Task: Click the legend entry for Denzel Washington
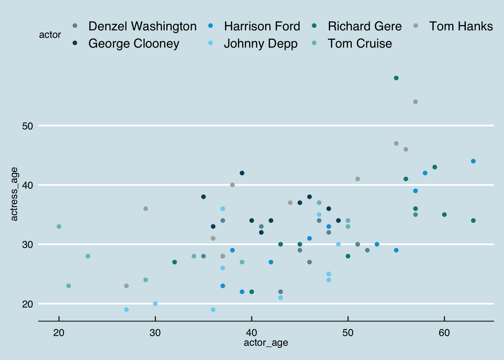[x=142, y=26]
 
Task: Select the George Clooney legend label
[x=133, y=43]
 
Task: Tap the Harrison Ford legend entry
[x=262, y=26]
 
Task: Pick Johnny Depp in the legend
[x=260, y=43]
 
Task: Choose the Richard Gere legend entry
[x=364, y=26]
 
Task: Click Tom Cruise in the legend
[x=360, y=43]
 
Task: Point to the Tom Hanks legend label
[x=460, y=26]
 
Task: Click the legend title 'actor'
[x=50, y=35]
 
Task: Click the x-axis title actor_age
[x=266, y=343]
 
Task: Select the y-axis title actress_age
[x=14, y=194]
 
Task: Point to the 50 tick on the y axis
[x=28, y=126]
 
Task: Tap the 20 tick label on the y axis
[x=28, y=304]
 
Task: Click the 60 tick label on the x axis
[x=444, y=333]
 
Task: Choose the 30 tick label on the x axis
[x=155, y=333]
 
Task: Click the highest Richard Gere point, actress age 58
[x=396, y=78]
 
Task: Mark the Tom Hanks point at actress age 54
[x=415, y=102]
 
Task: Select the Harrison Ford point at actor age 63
[x=473, y=161]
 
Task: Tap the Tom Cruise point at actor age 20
[x=59, y=226]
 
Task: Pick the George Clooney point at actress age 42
[x=242, y=173]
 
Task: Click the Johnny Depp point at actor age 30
[x=155, y=304]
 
